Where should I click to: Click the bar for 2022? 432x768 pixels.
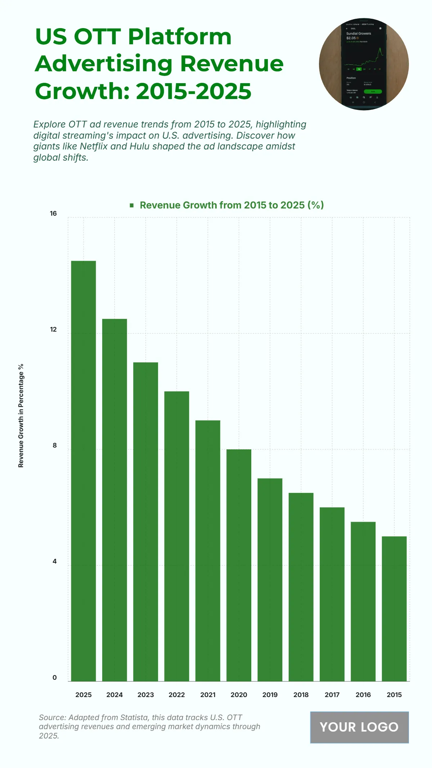[177, 536]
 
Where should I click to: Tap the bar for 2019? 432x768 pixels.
[270, 580]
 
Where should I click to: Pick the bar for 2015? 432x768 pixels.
[394, 608]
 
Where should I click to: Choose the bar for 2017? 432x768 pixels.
[332, 594]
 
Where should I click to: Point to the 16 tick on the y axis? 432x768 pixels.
[53, 214]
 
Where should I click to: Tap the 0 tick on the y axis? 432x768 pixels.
[55, 677]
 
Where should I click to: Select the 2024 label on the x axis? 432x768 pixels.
[114, 695]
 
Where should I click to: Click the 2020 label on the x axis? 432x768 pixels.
[239, 695]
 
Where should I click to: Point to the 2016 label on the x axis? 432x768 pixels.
[363, 695]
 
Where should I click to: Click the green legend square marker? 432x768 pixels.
[132, 205]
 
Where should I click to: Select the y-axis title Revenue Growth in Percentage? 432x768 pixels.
[21, 416]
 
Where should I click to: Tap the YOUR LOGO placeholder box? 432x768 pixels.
[359, 727]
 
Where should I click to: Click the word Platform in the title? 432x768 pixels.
[180, 36]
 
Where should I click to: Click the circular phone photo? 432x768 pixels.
[364, 64]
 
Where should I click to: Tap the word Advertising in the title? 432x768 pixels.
[104, 64]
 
